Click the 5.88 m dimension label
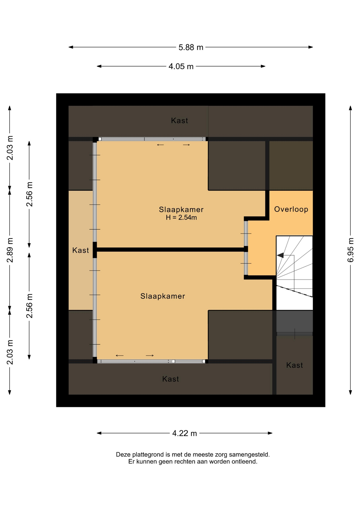191,47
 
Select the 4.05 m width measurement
181,67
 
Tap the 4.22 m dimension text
185,433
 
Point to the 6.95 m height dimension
350,250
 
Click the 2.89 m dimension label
10,250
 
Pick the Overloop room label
291,209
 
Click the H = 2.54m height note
181,218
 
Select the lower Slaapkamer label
163,296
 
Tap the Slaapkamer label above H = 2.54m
181,209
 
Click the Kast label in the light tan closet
81,250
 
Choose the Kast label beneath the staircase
295,365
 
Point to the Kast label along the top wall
179,121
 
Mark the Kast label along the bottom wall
170,379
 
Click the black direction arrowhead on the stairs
280,255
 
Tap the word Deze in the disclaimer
123,455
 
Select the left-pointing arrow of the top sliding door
160,145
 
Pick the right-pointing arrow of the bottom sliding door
150,356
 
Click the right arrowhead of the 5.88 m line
311,47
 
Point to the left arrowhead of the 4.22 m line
99,433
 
